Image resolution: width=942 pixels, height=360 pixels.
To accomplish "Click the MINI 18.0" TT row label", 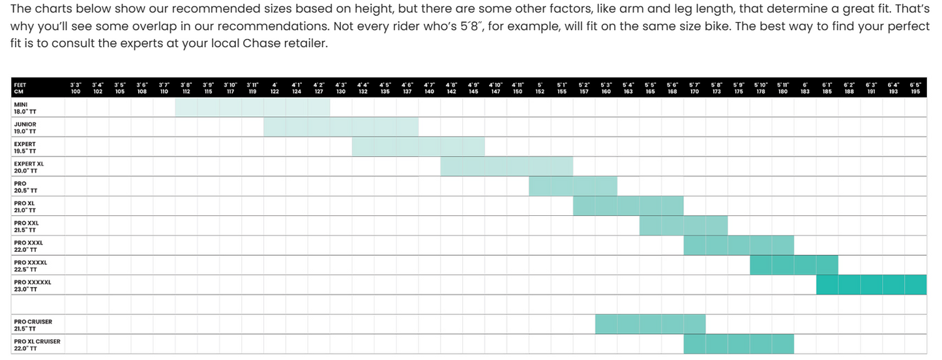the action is click(x=25, y=108).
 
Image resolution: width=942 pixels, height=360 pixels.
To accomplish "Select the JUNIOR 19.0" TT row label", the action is click(x=25, y=128).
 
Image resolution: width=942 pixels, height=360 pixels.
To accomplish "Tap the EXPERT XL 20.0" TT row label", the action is click(x=29, y=168).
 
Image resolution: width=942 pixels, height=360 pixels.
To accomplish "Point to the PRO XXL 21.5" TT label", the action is click(x=27, y=227).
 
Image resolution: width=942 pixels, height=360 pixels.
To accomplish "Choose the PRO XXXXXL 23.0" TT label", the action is click(x=33, y=286).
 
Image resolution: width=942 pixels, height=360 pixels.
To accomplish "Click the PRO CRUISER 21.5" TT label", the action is click(x=33, y=325).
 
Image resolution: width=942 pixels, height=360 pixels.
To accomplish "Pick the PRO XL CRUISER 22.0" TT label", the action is click(x=37, y=345).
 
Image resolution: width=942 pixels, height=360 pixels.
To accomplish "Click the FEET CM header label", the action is click(x=20, y=88).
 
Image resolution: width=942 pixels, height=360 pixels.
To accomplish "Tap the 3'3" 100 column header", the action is click(x=76, y=88).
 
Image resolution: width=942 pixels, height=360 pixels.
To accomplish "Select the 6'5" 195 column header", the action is click(x=915, y=88).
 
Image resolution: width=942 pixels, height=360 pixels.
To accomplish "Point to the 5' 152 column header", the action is click(x=540, y=88).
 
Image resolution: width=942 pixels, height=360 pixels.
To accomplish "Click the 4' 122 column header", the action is click(x=274, y=88).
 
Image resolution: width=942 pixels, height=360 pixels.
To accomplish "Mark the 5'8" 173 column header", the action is click(x=716, y=88).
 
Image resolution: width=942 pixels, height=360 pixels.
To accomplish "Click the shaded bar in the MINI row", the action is click(x=252, y=107).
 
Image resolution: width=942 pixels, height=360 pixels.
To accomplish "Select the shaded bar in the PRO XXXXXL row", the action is click(x=872, y=285).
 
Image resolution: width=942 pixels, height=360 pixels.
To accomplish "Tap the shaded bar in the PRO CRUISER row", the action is click(x=650, y=324).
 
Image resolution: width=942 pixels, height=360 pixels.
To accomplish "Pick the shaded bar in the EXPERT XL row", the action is click(x=507, y=166).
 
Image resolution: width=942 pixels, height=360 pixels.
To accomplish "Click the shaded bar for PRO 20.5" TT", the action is click(x=573, y=187).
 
